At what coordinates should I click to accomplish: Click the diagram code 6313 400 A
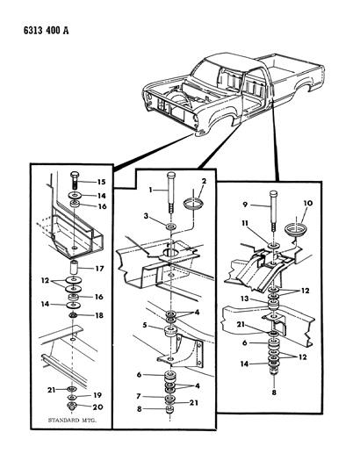(46, 31)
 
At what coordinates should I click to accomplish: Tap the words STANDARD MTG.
(72, 420)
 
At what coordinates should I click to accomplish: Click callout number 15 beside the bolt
(101, 182)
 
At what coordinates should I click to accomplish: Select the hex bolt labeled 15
(75, 180)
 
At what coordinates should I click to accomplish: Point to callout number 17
(99, 269)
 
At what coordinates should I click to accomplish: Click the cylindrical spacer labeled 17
(74, 268)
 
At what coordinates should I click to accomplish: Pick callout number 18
(99, 315)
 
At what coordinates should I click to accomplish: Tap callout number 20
(98, 407)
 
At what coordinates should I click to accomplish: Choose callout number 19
(97, 395)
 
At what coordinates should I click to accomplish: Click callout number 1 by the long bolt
(151, 190)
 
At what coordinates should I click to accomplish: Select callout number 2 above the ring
(204, 181)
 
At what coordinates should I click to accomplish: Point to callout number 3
(146, 215)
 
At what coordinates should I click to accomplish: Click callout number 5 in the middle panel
(145, 325)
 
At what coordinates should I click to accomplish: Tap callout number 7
(138, 396)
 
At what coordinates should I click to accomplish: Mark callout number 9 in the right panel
(245, 205)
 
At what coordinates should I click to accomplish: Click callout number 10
(308, 203)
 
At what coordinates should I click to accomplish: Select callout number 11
(245, 223)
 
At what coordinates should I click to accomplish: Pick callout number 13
(244, 299)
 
